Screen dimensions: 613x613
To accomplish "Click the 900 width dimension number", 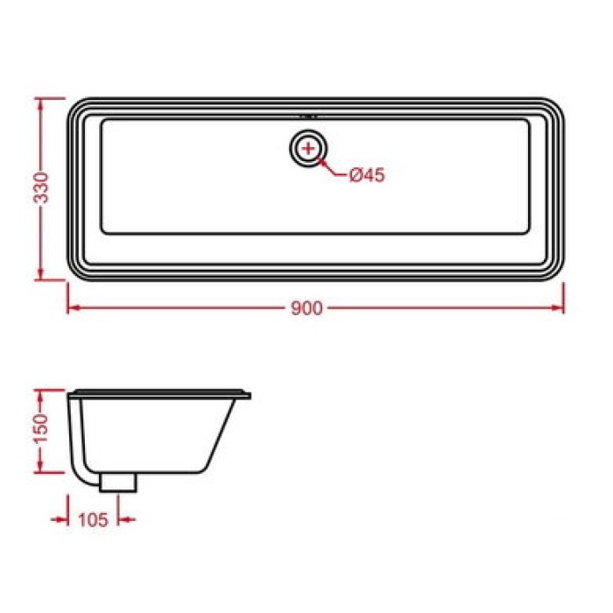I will coord(307,307).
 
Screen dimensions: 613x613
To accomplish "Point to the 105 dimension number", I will coord(93,519).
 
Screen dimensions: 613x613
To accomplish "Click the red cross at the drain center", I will coord(308,148).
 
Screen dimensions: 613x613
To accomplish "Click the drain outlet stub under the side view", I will coord(118,481).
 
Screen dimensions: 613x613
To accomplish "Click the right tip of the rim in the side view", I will coord(249,395).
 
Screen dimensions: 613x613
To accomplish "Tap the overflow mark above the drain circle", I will coord(308,115).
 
